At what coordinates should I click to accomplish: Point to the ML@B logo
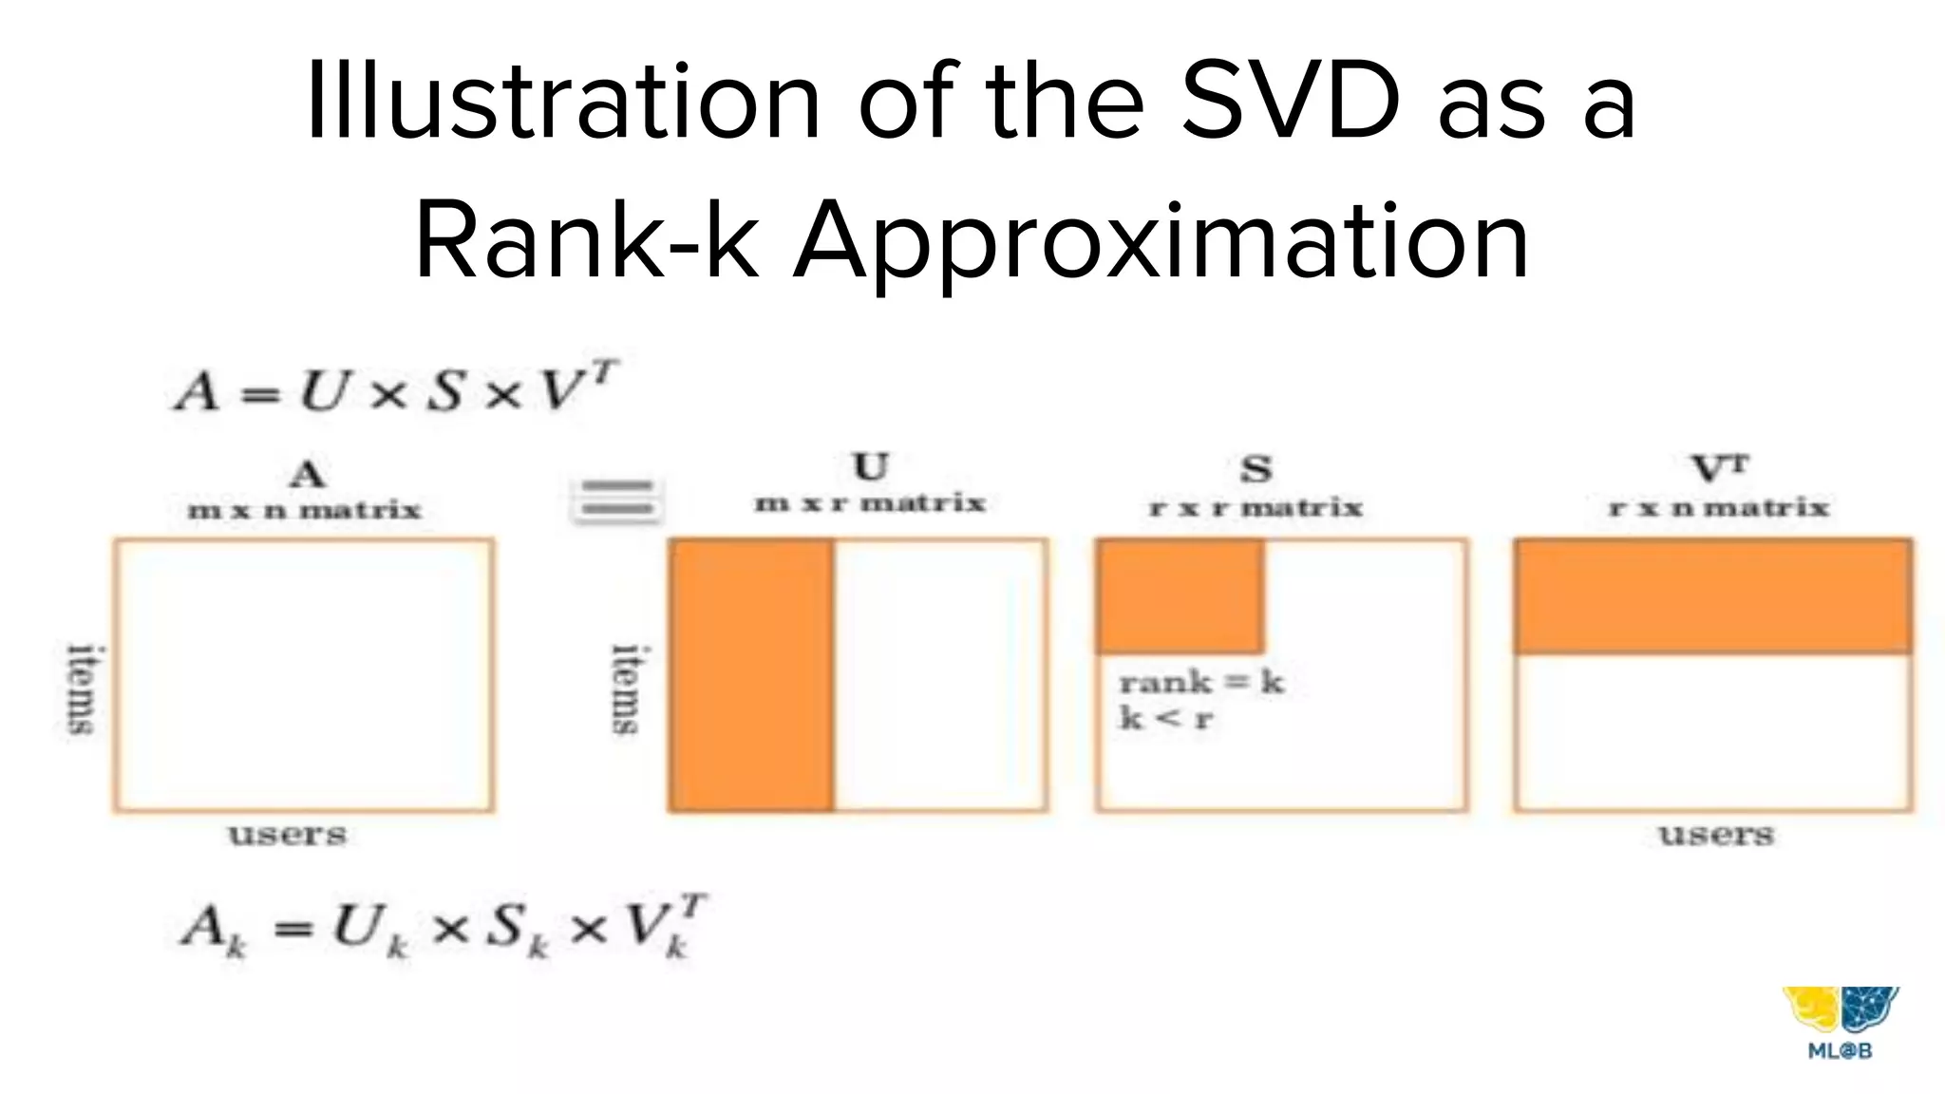point(1840,1022)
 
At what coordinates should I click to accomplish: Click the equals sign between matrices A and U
point(617,500)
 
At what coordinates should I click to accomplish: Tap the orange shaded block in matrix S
point(1180,595)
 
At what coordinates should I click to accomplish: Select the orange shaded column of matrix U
point(751,675)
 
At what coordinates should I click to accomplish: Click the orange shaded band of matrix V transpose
point(1713,595)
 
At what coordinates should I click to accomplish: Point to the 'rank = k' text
point(1201,682)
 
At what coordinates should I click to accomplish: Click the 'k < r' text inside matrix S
point(1166,718)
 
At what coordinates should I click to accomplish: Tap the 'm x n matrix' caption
point(304,511)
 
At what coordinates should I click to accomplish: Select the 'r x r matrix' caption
point(1256,508)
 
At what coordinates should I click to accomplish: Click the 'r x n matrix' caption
point(1719,508)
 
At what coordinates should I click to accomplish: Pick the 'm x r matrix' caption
point(870,503)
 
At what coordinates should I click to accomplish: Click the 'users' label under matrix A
point(288,836)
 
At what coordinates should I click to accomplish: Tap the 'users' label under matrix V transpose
point(1716,836)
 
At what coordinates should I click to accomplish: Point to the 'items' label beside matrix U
point(626,689)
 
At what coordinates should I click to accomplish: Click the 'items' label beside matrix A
point(84,689)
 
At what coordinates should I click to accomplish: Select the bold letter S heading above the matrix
point(1256,469)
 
